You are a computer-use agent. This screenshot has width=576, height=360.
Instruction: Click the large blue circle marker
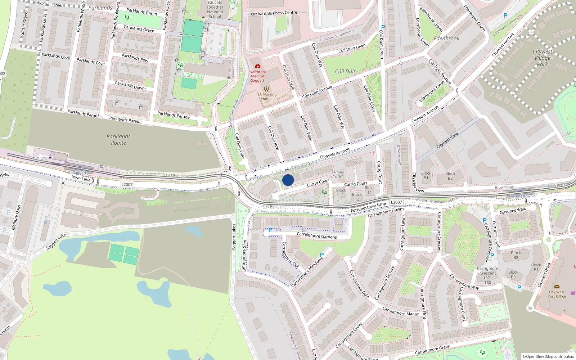coord(288,180)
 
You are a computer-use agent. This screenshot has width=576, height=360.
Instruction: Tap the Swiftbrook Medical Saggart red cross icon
coord(257,66)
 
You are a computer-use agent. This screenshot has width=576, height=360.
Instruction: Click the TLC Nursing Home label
coord(266,96)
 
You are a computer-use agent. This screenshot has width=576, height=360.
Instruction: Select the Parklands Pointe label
coord(118,140)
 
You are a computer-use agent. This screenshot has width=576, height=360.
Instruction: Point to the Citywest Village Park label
coord(542,58)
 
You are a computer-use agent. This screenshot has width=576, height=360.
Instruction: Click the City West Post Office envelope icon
coord(557,287)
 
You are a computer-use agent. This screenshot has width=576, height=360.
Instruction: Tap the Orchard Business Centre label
coord(274,13)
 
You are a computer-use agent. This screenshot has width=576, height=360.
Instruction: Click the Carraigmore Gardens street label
coord(317,236)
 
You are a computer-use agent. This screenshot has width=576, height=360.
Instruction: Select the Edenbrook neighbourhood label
coord(446,39)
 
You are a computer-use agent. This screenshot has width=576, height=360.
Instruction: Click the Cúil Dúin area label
coord(346,71)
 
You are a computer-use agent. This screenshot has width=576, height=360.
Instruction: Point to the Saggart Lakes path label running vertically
coord(234,237)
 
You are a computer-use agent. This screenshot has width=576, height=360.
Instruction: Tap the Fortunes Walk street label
coord(513,211)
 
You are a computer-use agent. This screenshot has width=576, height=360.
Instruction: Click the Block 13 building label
coord(341,193)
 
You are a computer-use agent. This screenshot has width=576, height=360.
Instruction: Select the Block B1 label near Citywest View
coord(426,175)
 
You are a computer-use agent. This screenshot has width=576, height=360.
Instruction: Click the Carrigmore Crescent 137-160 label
coord(487,275)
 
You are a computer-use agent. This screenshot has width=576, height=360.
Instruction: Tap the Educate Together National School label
coord(215,9)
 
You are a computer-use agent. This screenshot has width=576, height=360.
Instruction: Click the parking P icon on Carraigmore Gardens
coord(270,230)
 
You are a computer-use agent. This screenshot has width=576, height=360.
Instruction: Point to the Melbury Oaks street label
coord(16,217)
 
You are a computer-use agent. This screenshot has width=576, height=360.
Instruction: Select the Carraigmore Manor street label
coord(400,312)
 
